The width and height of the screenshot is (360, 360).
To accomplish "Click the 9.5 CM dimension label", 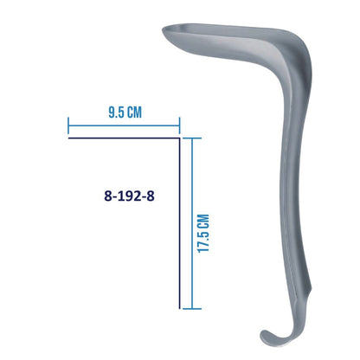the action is pyautogui.click(x=125, y=112).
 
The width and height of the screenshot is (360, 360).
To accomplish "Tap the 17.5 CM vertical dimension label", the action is pyautogui.click(x=203, y=234).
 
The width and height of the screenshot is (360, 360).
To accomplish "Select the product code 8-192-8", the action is pyautogui.click(x=129, y=196).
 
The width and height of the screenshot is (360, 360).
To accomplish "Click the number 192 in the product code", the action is pyautogui.click(x=129, y=196).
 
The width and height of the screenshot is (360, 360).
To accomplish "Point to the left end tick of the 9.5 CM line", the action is pyautogui.click(x=68, y=125).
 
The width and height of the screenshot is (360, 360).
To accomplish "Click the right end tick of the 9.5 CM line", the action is pyautogui.click(x=179, y=125).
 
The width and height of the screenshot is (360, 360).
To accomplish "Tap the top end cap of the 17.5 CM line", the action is pyautogui.click(x=192, y=138).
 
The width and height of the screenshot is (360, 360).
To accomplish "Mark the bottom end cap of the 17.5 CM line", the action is pyautogui.click(x=192, y=309).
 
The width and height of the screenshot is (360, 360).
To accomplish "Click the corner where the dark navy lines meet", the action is pyautogui.click(x=179, y=138).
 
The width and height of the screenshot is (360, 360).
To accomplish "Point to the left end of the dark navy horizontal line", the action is pyautogui.click(x=68, y=138).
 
